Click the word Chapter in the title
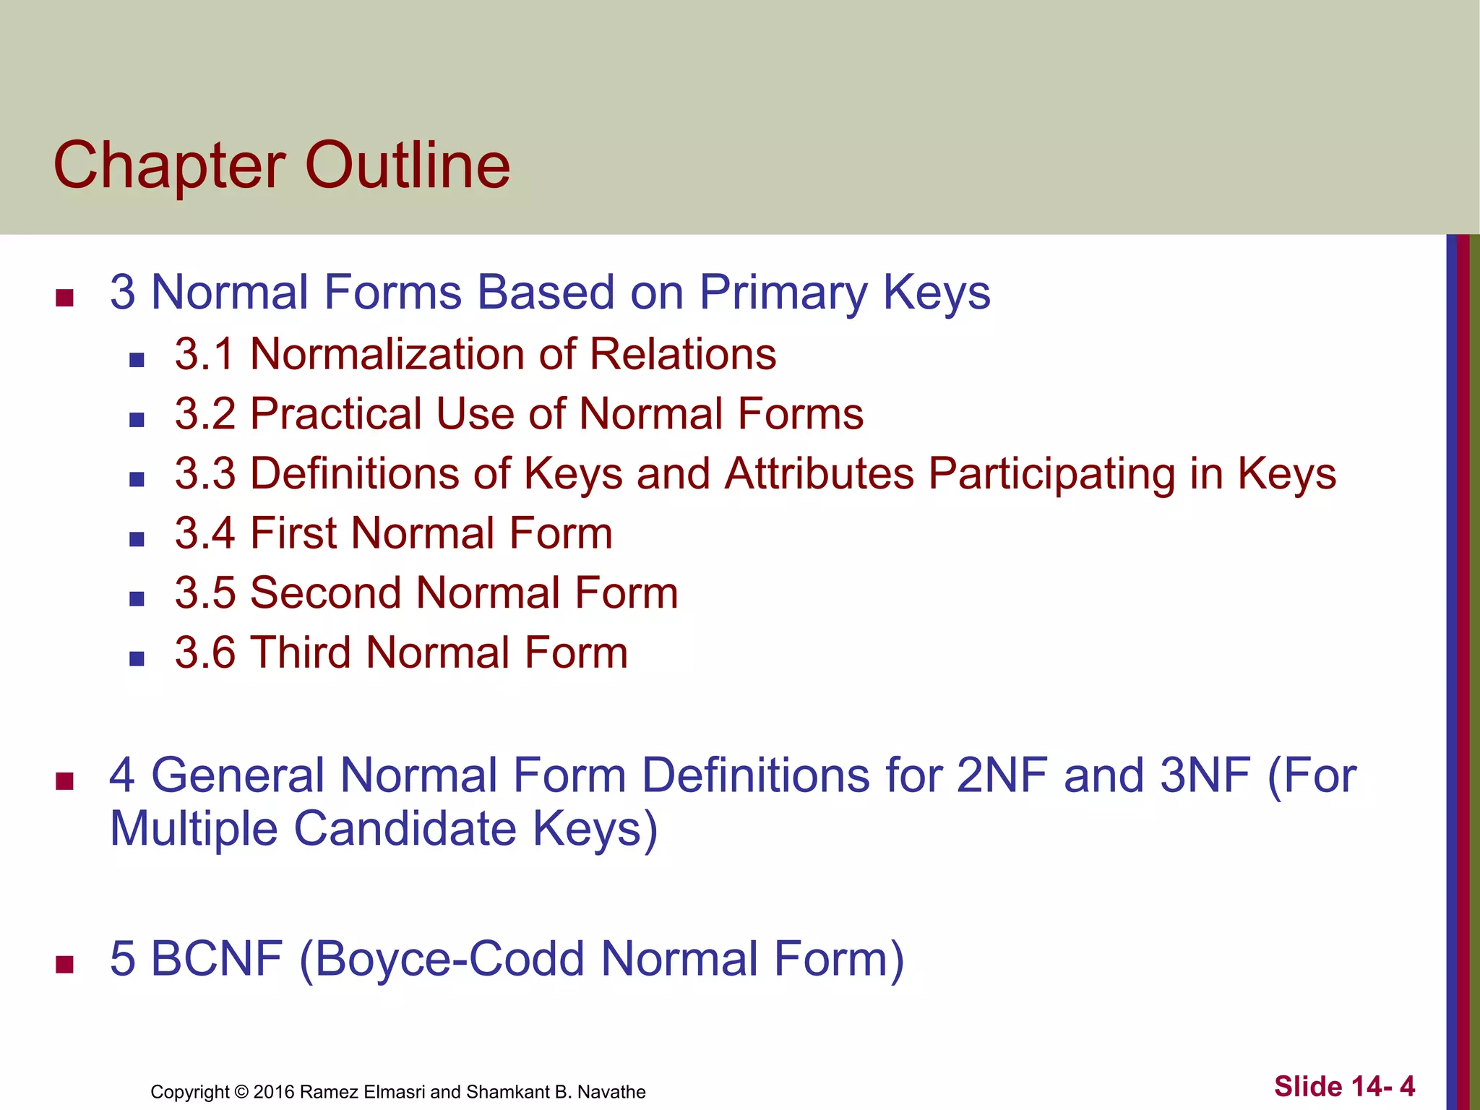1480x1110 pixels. coord(169,167)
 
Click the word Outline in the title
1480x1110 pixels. coord(408,165)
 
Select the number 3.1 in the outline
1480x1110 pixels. coord(205,355)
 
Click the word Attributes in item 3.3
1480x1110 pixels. coord(819,474)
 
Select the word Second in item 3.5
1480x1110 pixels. coord(326,593)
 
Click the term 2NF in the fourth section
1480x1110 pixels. coord(1002,775)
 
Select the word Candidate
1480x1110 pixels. coord(405,828)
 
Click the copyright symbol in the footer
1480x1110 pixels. coord(241,1092)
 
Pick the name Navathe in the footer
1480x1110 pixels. coord(611,1092)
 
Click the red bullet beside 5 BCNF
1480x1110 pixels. coord(64,964)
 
